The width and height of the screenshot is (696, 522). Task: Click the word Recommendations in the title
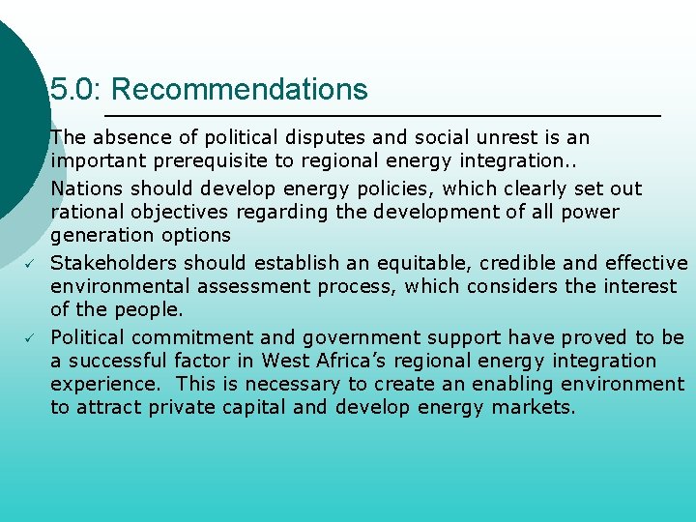click(240, 90)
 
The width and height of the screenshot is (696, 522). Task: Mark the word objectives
click(188, 212)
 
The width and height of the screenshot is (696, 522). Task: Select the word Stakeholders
click(113, 263)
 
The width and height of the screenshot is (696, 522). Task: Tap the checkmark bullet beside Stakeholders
click(31, 263)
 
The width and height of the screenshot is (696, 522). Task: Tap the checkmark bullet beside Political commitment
click(31, 337)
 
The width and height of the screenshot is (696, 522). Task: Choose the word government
click(361, 337)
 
